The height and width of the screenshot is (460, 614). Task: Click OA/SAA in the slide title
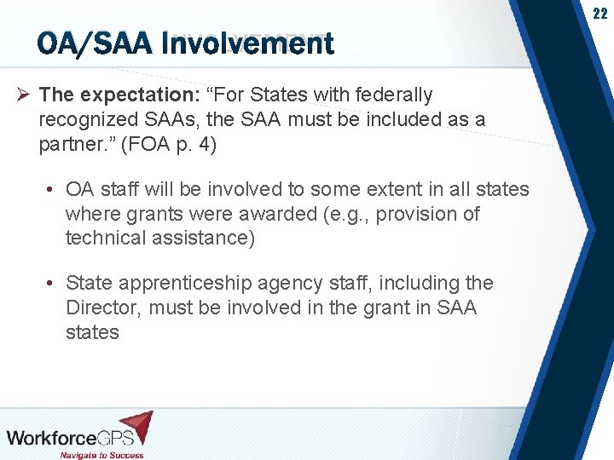click(x=91, y=43)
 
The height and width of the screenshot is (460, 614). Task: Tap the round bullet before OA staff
click(x=52, y=188)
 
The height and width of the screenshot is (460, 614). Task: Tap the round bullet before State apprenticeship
click(x=52, y=282)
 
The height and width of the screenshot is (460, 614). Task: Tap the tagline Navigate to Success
click(x=101, y=454)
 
